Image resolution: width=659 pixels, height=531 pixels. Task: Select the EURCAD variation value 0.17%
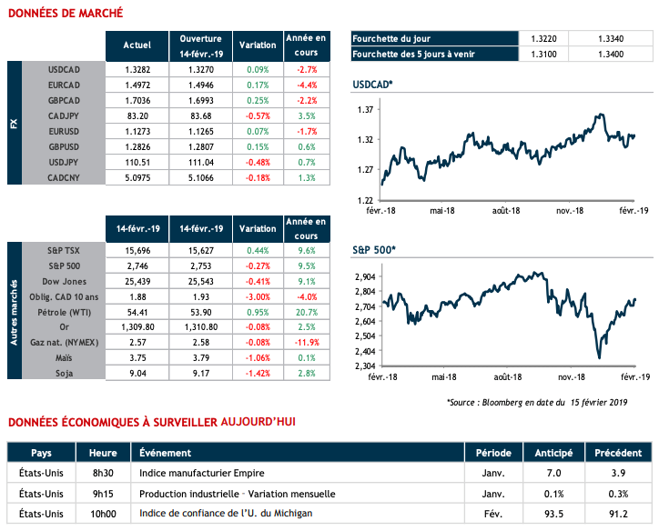(x=258, y=85)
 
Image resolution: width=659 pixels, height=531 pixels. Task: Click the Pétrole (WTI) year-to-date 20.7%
(x=307, y=310)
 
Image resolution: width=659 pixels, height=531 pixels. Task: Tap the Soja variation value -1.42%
(x=258, y=372)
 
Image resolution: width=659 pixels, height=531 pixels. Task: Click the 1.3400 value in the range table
(x=612, y=55)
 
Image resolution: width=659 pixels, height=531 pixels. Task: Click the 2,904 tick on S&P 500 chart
(x=365, y=276)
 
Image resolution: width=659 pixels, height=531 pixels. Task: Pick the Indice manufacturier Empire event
(x=194, y=474)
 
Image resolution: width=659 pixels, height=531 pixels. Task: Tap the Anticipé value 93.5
(x=553, y=515)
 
